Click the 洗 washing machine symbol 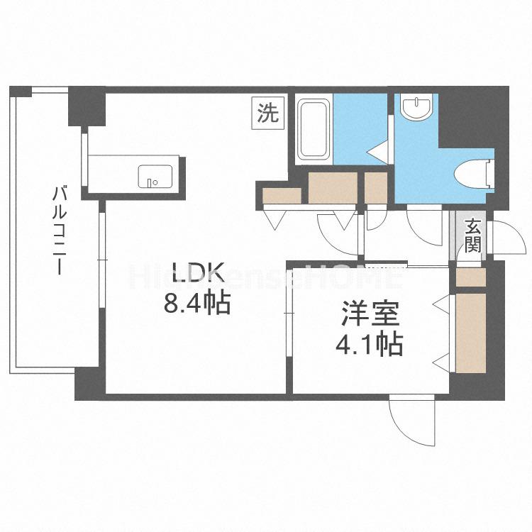click(x=268, y=113)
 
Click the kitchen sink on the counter click(x=154, y=176)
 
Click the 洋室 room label click(x=368, y=314)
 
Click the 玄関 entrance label click(x=472, y=236)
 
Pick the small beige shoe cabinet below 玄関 click(x=470, y=277)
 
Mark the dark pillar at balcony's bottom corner click(x=89, y=383)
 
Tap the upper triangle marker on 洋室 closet click(x=440, y=305)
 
